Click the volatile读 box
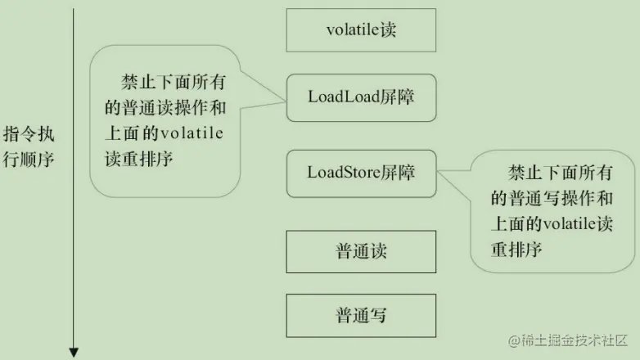361,30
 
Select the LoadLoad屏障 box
361,96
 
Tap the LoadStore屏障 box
361,173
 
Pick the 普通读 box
361,251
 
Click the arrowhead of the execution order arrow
74,353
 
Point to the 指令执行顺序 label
29,146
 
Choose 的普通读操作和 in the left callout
163,108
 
